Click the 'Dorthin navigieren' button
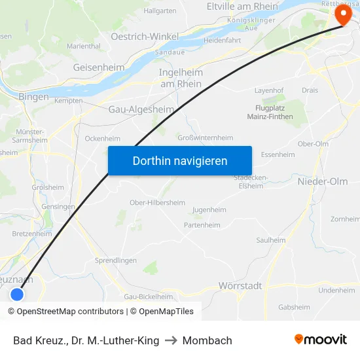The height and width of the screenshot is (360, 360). click(x=179, y=160)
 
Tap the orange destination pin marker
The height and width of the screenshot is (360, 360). click(x=343, y=15)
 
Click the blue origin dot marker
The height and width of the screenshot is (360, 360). click(x=17, y=295)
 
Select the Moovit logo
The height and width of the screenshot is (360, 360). click(x=320, y=340)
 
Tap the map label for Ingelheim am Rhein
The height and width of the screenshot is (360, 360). click(x=181, y=78)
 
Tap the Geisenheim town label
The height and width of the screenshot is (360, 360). click(x=98, y=67)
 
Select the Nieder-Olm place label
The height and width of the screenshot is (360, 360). click(x=323, y=181)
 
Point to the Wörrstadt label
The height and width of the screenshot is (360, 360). click(x=240, y=285)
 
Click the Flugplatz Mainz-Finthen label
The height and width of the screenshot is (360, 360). click(x=270, y=113)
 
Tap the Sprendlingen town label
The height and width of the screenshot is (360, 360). click(x=116, y=260)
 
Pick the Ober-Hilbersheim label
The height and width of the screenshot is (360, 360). click(x=157, y=203)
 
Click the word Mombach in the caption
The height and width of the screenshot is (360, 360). click(x=207, y=340)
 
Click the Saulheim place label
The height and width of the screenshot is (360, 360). click(x=271, y=240)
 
